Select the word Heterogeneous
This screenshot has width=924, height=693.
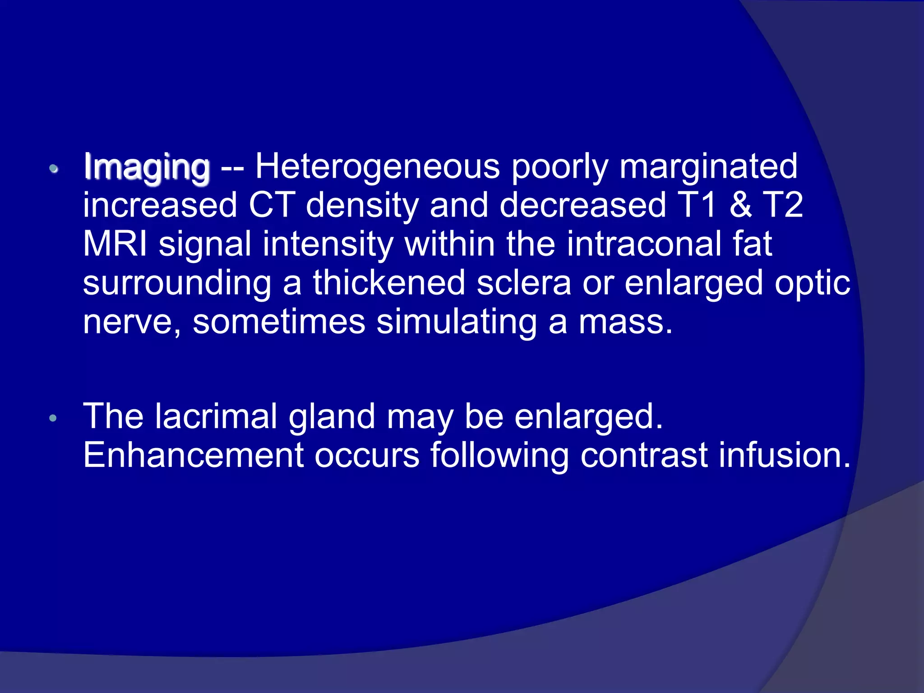coord(378,167)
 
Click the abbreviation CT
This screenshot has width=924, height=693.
coord(272,205)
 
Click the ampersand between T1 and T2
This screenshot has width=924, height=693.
coord(740,205)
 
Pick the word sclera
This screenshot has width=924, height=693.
coord(524,283)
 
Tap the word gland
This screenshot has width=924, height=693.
coord(332,417)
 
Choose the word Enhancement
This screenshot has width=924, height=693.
coord(194,455)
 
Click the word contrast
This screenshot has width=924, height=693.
coord(644,456)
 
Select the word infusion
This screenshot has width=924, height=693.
coord(784,455)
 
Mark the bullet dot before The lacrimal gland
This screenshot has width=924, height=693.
coord(53,418)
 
